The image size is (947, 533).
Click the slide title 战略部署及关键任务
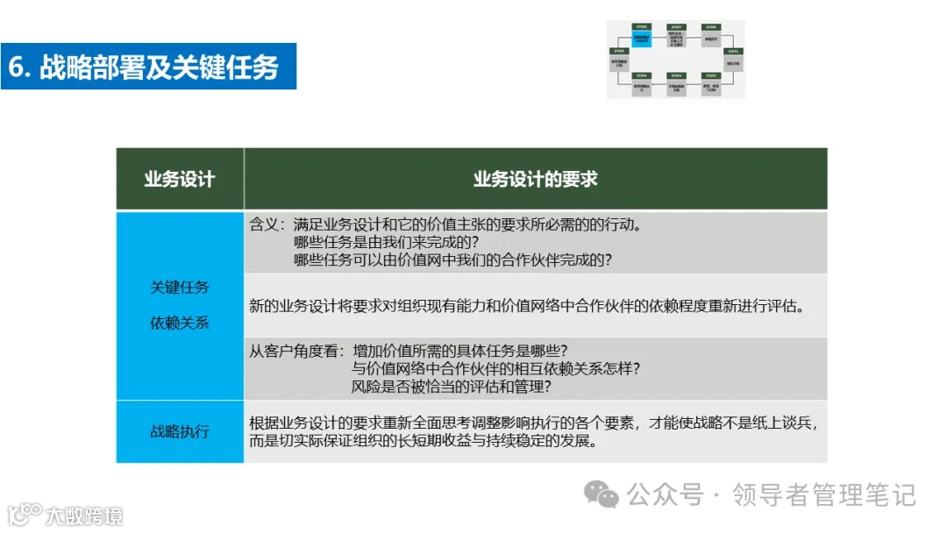click(159, 67)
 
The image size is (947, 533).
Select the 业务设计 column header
click(180, 179)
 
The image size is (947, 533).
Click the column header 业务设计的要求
click(535, 179)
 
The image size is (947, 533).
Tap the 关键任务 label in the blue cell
click(180, 287)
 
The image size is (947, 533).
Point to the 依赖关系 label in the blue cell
click(180, 323)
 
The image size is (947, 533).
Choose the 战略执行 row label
click(180, 431)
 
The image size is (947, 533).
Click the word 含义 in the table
click(263, 224)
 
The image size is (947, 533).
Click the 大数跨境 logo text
click(84, 515)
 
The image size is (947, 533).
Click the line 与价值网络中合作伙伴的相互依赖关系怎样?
click(495, 368)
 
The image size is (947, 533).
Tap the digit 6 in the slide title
click(17, 68)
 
